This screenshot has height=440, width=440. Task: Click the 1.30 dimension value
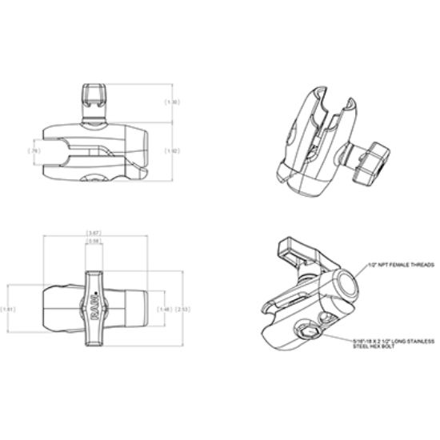(171, 102)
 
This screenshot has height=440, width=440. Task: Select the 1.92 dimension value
(171, 150)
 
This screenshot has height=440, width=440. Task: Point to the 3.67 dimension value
(94, 233)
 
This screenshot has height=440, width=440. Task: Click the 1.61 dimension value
(8, 310)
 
